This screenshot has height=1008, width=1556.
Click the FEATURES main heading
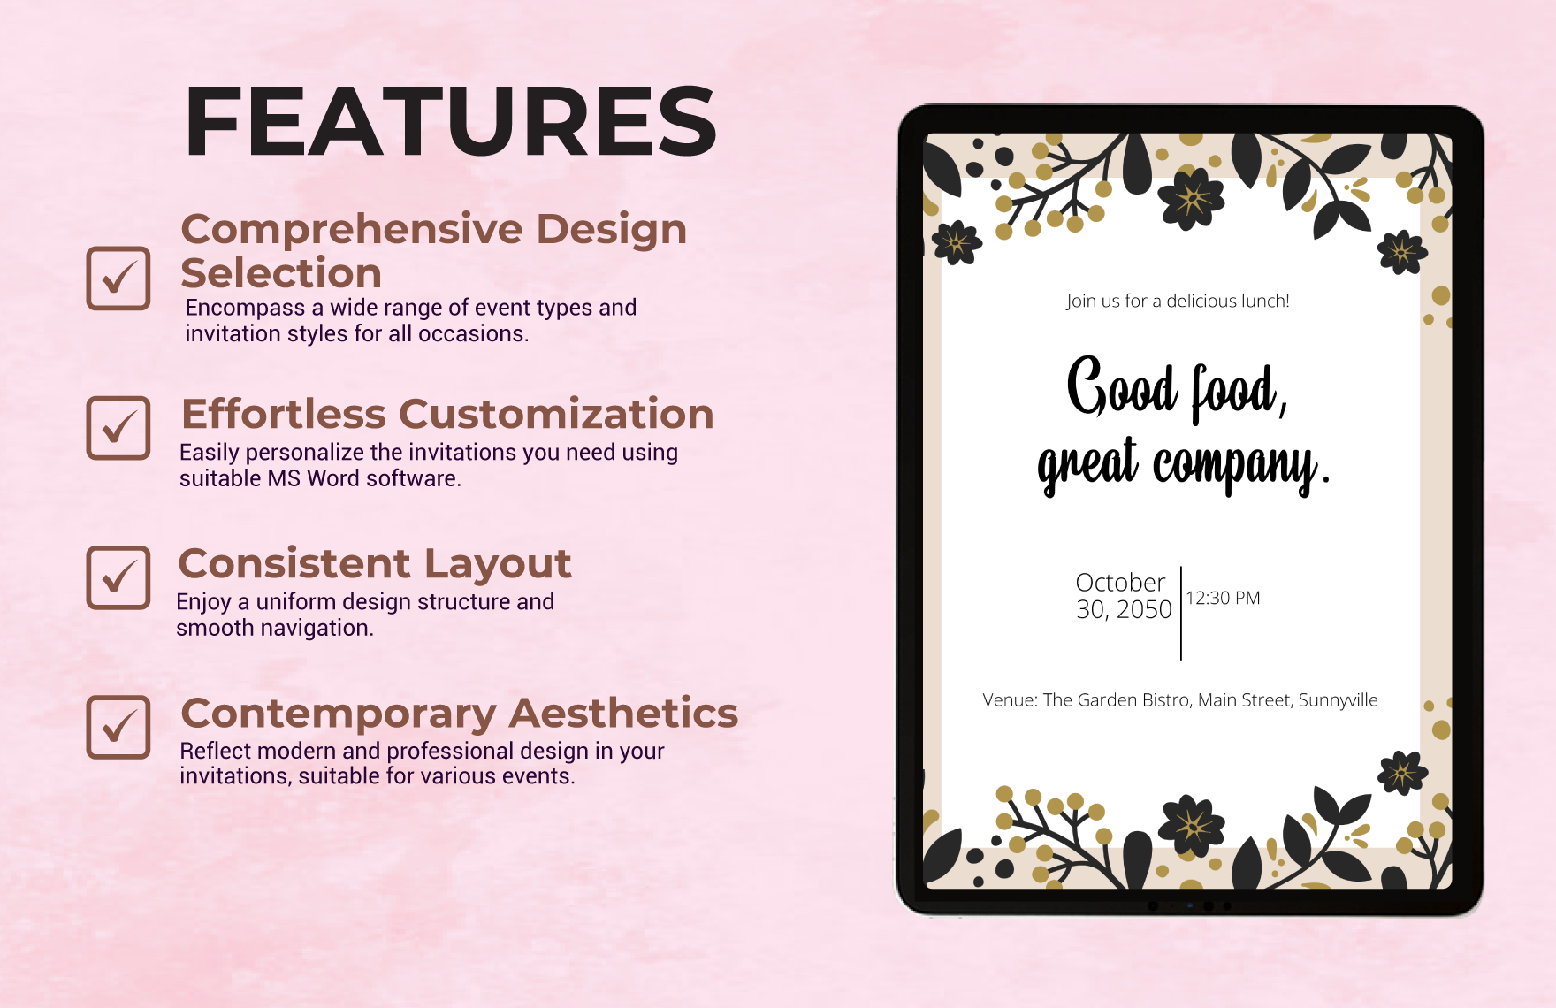tap(450, 121)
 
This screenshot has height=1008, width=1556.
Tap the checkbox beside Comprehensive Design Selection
tap(118, 278)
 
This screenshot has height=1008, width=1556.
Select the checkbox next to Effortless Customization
tap(118, 428)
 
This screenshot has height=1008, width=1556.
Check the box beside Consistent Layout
tap(118, 577)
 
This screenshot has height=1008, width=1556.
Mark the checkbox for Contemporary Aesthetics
tap(118, 727)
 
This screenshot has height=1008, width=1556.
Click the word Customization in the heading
tap(556, 414)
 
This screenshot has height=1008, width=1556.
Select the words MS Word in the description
tap(313, 478)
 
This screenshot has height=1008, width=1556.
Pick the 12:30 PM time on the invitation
tap(1223, 598)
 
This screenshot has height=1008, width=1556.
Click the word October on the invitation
tap(1120, 583)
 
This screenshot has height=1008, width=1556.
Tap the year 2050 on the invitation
tap(1144, 609)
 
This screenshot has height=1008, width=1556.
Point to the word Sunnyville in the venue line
tap(1338, 700)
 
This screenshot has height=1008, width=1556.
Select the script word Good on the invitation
tap(1122, 386)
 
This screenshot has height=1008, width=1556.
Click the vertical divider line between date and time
tap(1181, 613)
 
